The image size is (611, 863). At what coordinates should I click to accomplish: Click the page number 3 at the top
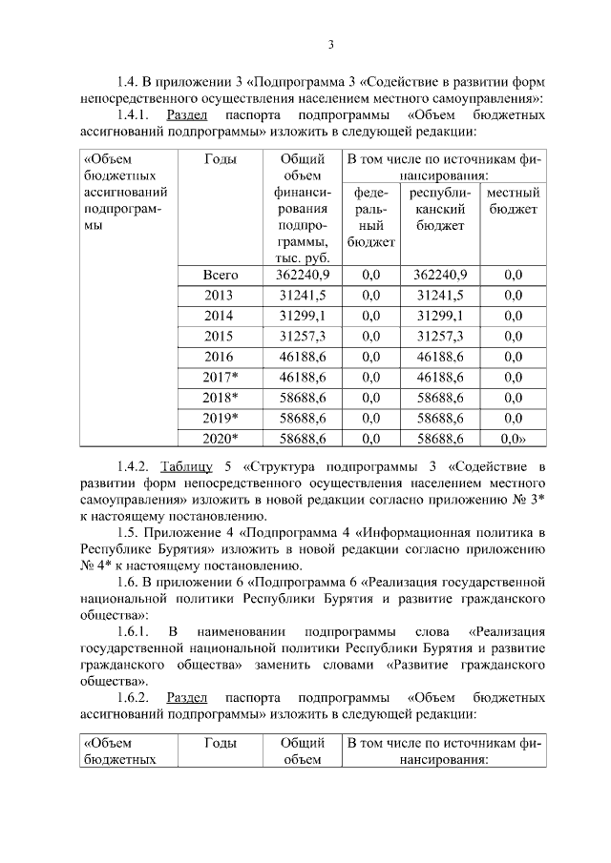pos(330,44)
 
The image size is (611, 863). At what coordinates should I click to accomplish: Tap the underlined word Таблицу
pos(187,466)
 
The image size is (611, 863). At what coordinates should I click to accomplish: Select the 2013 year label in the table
pos(219,295)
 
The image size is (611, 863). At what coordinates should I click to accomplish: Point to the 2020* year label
pos(221,439)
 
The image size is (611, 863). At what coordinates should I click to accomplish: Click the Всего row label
pos(221,275)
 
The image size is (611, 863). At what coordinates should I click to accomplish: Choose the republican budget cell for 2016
pos(439,357)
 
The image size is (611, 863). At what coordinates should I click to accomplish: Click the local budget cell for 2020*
pos(514,439)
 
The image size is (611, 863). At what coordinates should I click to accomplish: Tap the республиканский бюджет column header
pos(440,210)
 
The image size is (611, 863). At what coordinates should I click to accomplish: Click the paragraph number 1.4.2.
pos(136,466)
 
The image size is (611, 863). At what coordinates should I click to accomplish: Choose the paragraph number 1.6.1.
pos(136,632)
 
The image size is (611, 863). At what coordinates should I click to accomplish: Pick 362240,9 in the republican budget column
pos(439,275)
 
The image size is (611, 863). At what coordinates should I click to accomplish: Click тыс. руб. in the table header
pos(302,258)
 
